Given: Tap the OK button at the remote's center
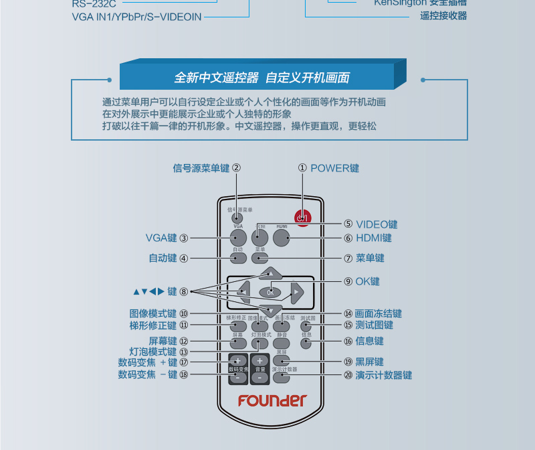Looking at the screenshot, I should click(270, 292).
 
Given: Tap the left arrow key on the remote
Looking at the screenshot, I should click(243, 291).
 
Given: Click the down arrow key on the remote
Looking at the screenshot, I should click(271, 310).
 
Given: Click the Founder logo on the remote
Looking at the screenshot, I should click(272, 400).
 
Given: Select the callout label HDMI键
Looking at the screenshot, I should click(374, 238).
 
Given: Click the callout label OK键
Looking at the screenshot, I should click(367, 281).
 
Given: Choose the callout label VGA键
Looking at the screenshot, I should click(161, 237).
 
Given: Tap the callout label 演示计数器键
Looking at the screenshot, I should click(383, 375).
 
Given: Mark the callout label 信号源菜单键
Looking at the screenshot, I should click(201, 168).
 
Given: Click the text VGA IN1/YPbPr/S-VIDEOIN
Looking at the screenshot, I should click(136, 16).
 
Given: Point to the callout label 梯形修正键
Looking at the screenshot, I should click(153, 325).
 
